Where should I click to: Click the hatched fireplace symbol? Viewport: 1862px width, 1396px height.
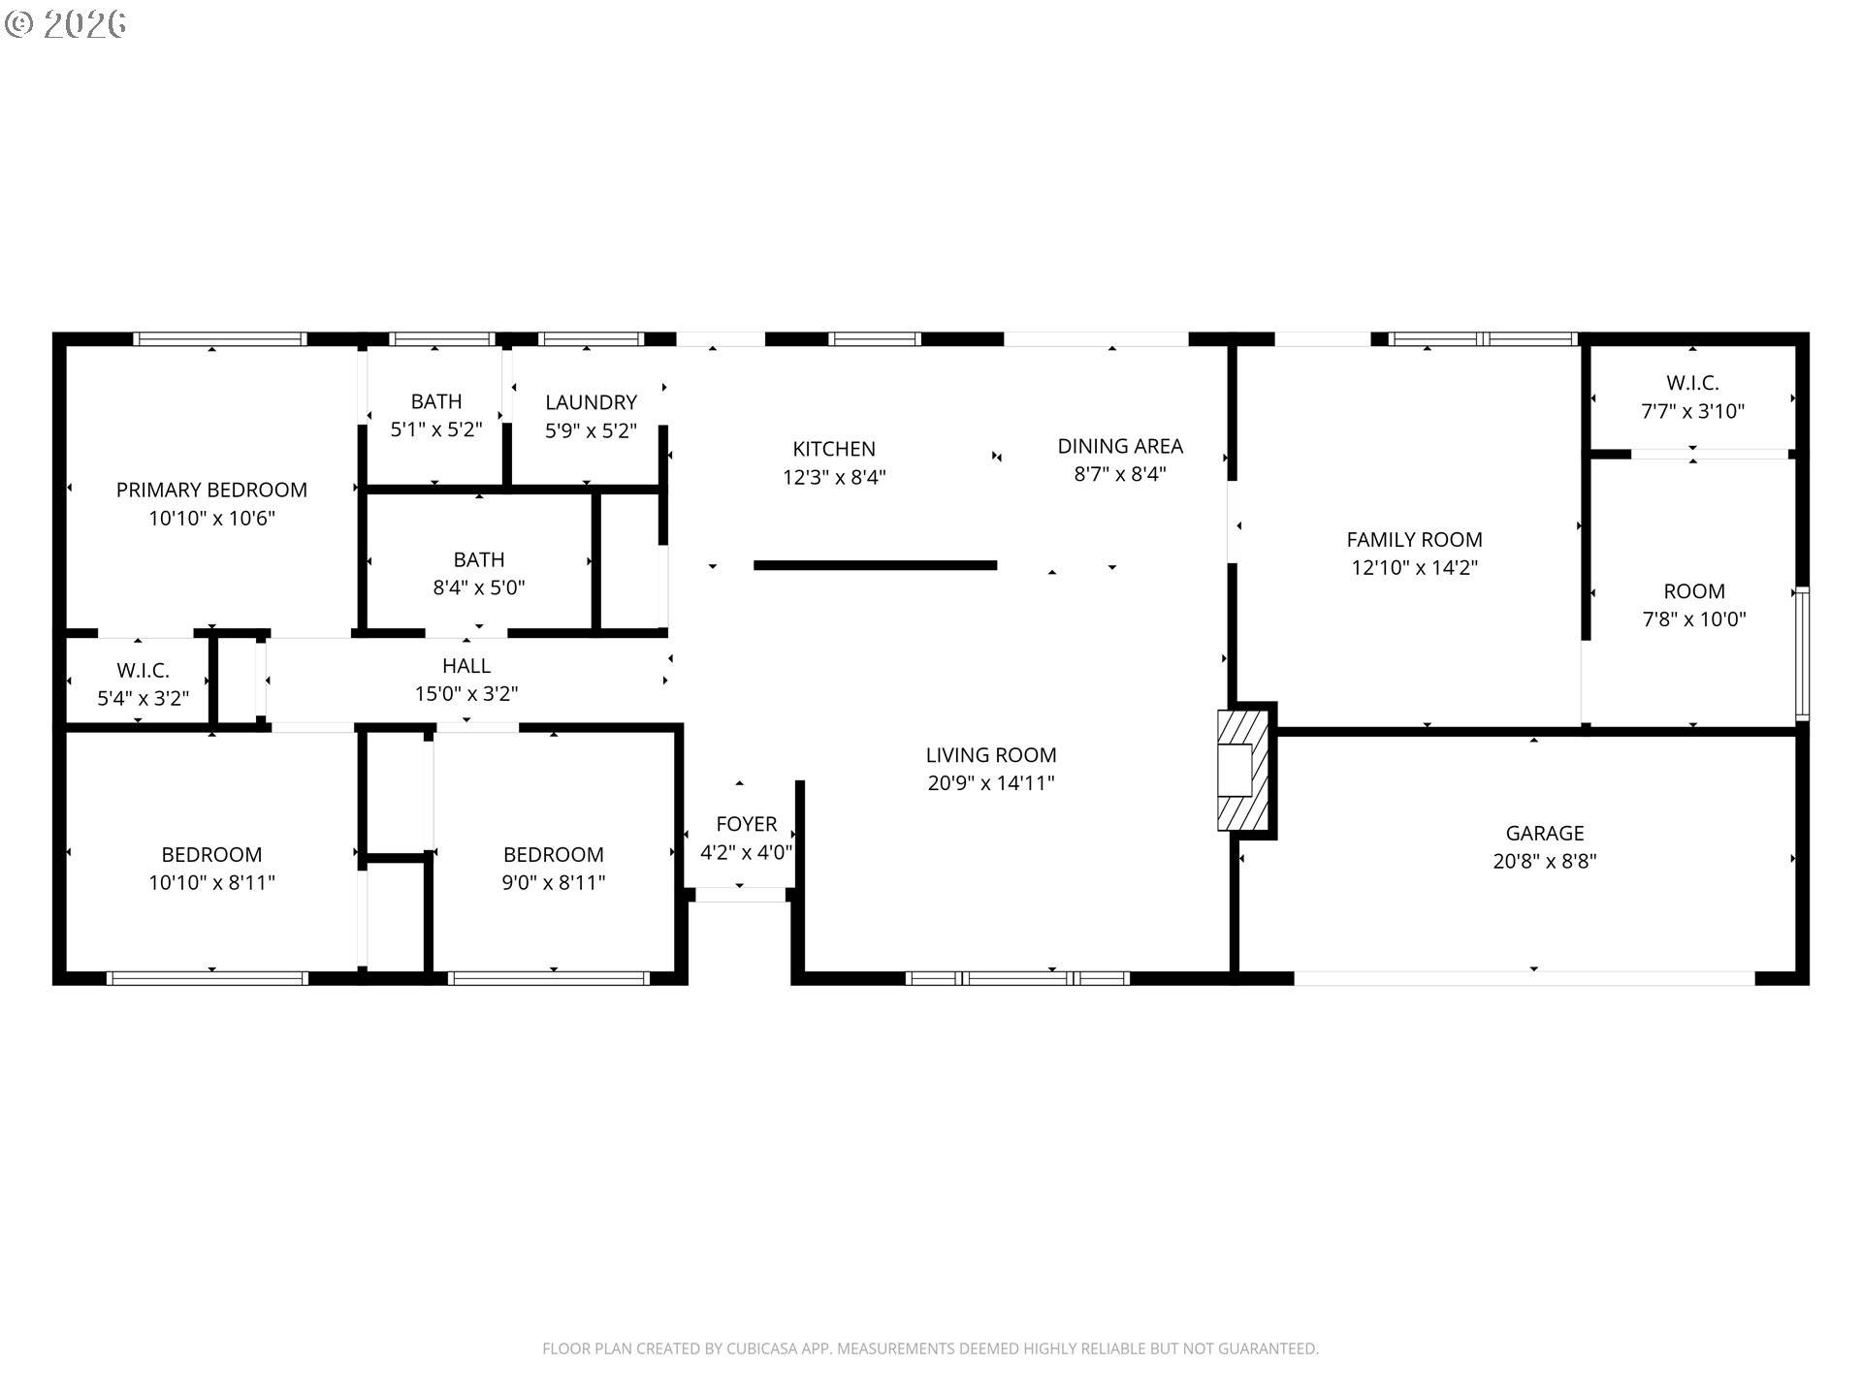click(1242, 771)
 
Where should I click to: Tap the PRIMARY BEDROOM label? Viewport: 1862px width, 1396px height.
click(211, 491)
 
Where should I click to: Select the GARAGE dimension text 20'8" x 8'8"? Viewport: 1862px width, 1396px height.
click(1544, 861)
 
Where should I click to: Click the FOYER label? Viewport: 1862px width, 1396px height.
click(746, 824)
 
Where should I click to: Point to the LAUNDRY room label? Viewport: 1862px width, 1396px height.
click(591, 402)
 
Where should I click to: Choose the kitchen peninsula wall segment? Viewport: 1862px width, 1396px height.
click(875, 565)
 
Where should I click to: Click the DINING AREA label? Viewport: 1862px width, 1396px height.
click(1119, 446)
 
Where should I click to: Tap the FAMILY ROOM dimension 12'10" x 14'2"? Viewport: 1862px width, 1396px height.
click(1414, 568)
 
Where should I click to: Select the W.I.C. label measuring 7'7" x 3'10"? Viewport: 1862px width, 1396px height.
click(1692, 383)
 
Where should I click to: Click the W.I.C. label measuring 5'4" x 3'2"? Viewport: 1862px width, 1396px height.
click(143, 671)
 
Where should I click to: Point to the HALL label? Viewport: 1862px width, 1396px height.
click(466, 666)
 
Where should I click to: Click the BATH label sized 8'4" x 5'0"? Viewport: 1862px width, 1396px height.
click(478, 559)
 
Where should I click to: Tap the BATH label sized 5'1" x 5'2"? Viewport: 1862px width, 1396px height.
click(435, 401)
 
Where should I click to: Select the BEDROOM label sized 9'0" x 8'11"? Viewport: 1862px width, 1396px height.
click(553, 855)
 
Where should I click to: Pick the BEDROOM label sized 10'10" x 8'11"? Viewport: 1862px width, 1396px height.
click(211, 855)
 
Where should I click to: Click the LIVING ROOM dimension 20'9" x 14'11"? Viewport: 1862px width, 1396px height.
click(990, 783)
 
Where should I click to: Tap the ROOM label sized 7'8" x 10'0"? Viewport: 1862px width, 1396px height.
click(1693, 591)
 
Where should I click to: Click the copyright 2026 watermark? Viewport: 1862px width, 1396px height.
click(66, 24)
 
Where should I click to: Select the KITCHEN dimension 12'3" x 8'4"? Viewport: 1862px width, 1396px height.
click(834, 478)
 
